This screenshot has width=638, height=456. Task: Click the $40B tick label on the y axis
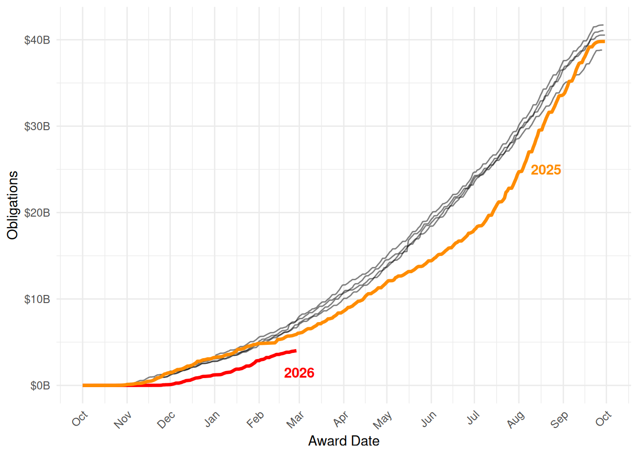click(37, 40)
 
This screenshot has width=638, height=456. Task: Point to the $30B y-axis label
click(37, 127)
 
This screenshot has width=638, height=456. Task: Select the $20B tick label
click(37, 213)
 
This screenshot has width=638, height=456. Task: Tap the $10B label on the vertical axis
click(37, 299)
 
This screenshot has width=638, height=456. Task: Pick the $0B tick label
click(40, 386)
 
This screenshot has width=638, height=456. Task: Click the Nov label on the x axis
click(122, 420)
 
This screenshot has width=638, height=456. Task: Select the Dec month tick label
click(166, 420)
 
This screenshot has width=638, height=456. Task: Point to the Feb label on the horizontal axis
click(255, 419)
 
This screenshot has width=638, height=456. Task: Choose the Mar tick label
click(295, 420)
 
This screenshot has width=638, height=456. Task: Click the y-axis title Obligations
click(13, 205)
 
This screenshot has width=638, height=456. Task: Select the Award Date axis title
click(344, 441)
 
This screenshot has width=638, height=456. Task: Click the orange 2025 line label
click(546, 170)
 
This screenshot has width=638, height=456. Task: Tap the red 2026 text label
click(299, 373)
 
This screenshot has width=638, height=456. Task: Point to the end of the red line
click(296, 351)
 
